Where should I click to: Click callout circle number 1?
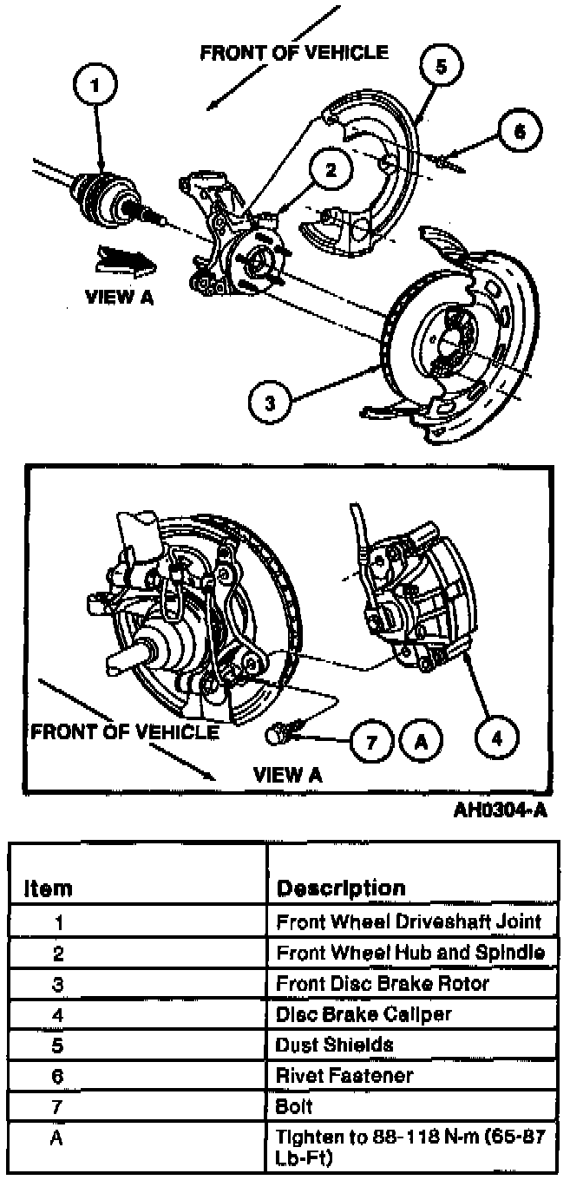(x=97, y=85)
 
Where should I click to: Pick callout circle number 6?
(x=519, y=132)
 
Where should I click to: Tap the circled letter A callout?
(x=421, y=742)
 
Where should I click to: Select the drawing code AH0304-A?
(x=501, y=811)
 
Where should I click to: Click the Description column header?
(x=341, y=888)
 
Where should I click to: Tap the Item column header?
(x=49, y=888)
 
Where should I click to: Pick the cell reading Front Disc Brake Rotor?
(x=383, y=983)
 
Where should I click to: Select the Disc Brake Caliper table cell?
(x=364, y=1013)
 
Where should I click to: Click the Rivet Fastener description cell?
(x=344, y=1076)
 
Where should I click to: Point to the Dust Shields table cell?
(x=334, y=1045)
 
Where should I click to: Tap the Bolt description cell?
(x=294, y=1106)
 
